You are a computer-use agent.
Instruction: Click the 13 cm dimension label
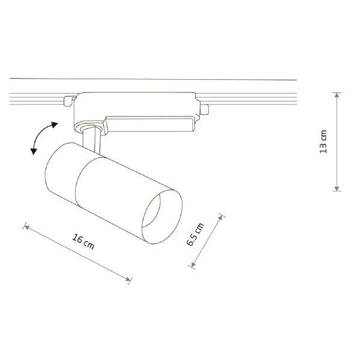pos(323,142)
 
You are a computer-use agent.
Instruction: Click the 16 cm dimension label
pos(83,242)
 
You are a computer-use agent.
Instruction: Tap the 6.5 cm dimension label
pos(194,234)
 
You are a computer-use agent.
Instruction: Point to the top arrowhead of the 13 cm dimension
pos(337,95)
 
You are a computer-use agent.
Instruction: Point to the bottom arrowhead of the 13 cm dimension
pos(337,188)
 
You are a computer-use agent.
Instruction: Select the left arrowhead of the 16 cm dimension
pos(26,227)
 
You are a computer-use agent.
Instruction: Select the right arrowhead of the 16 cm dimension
pos(128,279)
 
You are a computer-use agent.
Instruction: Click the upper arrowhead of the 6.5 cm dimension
pos(220,217)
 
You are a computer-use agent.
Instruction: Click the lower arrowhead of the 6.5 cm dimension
pos(193,265)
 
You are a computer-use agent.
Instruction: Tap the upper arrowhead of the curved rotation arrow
pos(55,125)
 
